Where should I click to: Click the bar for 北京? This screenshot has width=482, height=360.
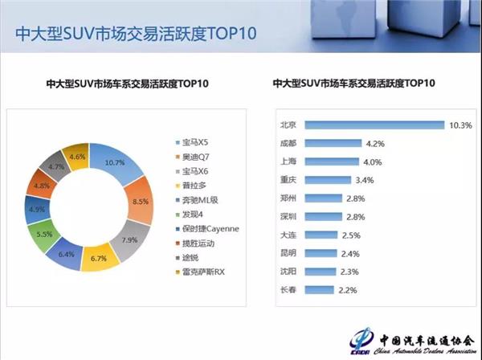coord(373,125)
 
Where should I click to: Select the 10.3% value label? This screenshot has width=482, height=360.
coord(460,125)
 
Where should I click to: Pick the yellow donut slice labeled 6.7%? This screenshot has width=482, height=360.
coord(100,257)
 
